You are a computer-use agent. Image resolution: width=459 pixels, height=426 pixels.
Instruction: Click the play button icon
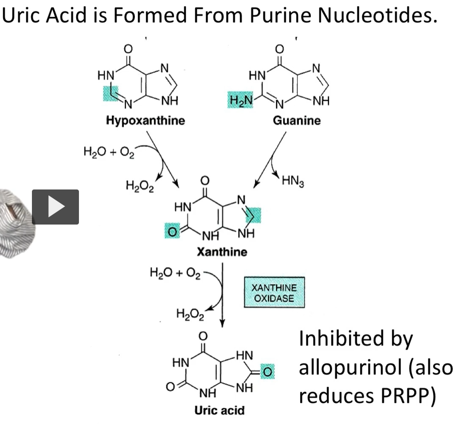[x=55, y=207]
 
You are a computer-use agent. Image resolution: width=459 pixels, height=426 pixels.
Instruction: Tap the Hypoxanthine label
[x=145, y=120]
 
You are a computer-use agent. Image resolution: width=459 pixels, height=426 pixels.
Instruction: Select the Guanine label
[x=297, y=120]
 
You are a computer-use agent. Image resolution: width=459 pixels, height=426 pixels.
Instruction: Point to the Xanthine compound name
[x=222, y=252]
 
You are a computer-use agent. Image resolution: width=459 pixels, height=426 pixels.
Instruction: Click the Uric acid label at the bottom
[x=220, y=410]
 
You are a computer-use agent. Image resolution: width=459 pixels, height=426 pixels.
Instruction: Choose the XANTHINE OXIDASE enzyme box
[x=274, y=292]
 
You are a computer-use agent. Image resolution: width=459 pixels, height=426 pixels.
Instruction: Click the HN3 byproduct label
[x=293, y=181]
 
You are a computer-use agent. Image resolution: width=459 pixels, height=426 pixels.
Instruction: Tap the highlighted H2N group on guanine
[x=240, y=100]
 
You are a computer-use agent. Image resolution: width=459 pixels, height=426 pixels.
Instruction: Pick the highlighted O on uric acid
[x=267, y=372]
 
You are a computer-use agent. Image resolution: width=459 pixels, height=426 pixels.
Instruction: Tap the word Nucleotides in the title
[x=377, y=15]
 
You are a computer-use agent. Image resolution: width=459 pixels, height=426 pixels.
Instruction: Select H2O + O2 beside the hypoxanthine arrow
[x=109, y=152]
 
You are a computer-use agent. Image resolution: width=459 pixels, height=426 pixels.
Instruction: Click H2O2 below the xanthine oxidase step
[x=190, y=315]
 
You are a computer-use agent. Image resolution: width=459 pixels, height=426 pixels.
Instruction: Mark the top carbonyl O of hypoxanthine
[x=128, y=49]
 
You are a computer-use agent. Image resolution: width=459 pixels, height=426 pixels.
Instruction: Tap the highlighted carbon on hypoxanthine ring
[x=111, y=94]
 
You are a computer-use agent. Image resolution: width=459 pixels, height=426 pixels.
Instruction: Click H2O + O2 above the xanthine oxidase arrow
[x=175, y=273]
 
